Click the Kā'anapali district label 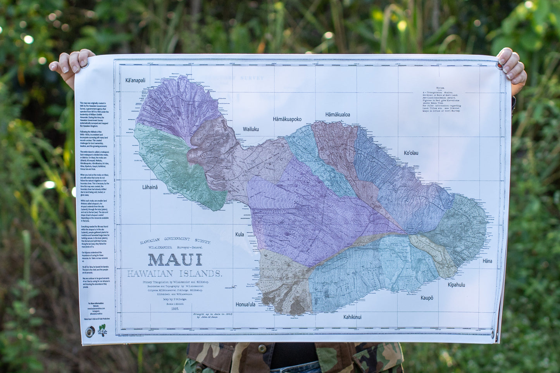pyautogui.click(x=135, y=81)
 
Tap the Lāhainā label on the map pyautogui.click(x=150, y=187)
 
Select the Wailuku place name pyautogui.click(x=251, y=129)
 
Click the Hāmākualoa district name pyautogui.click(x=338, y=115)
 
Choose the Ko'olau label pyautogui.click(x=411, y=153)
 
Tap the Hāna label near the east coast pyautogui.click(x=487, y=261)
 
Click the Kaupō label pyautogui.click(x=427, y=298)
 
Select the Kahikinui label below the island pyautogui.click(x=352, y=317)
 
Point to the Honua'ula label pyautogui.click(x=245, y=304)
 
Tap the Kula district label pyautogui.click(x=240, y=234)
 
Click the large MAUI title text pyautogui.click(x=175, y=260)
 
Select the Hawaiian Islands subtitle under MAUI pyautogui.click(x=174, y=274)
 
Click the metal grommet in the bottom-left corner pyautogui.click(x=90, y=332)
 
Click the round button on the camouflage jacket pyautogui.click(x=262, y=349)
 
